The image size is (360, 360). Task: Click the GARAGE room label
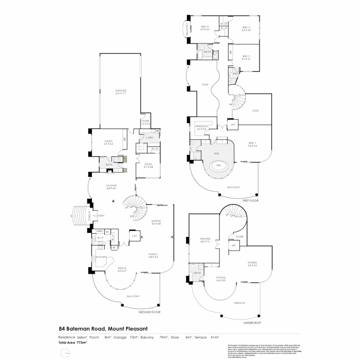pyautogui.click(x=121, y=91)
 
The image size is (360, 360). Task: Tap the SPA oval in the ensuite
pyautogui.click(x=219, y=165)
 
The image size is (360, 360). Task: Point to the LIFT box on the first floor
pyautogui.click(x=233, y=125)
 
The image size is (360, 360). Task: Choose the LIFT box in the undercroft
pyautogui.click(x=234, y=245)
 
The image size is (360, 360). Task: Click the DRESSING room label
pyautogui.click(x=202, y=126)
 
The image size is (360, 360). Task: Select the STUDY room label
pyautogui.click(x=148, y=164)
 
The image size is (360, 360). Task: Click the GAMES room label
pyautogui.click(x=252, y=262)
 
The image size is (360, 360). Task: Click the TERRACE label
pyautogui.click(x=239, y=303)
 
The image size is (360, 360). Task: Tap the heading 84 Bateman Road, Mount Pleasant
pyautogui.click(x=103, y=329)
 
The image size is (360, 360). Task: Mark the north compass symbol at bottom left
pyautogui.click(x=66, y=353)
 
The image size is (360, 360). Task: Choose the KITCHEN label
pyautogui.click(x=101, y=257)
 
